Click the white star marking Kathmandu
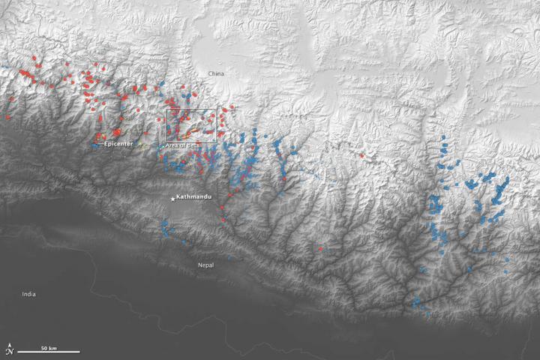pos(172,198)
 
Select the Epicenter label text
pos(118,143)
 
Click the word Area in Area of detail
pos(172,145)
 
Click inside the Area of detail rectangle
pos(191,124)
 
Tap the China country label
pos(216,73)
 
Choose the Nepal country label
pos(205,265)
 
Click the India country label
pos(28,294)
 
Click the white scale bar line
pos(49,352)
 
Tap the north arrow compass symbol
pos(9,349)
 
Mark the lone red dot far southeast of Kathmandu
pos(320,248)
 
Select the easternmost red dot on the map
pos(361,155)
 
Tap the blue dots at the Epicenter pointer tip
pos(94,145)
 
